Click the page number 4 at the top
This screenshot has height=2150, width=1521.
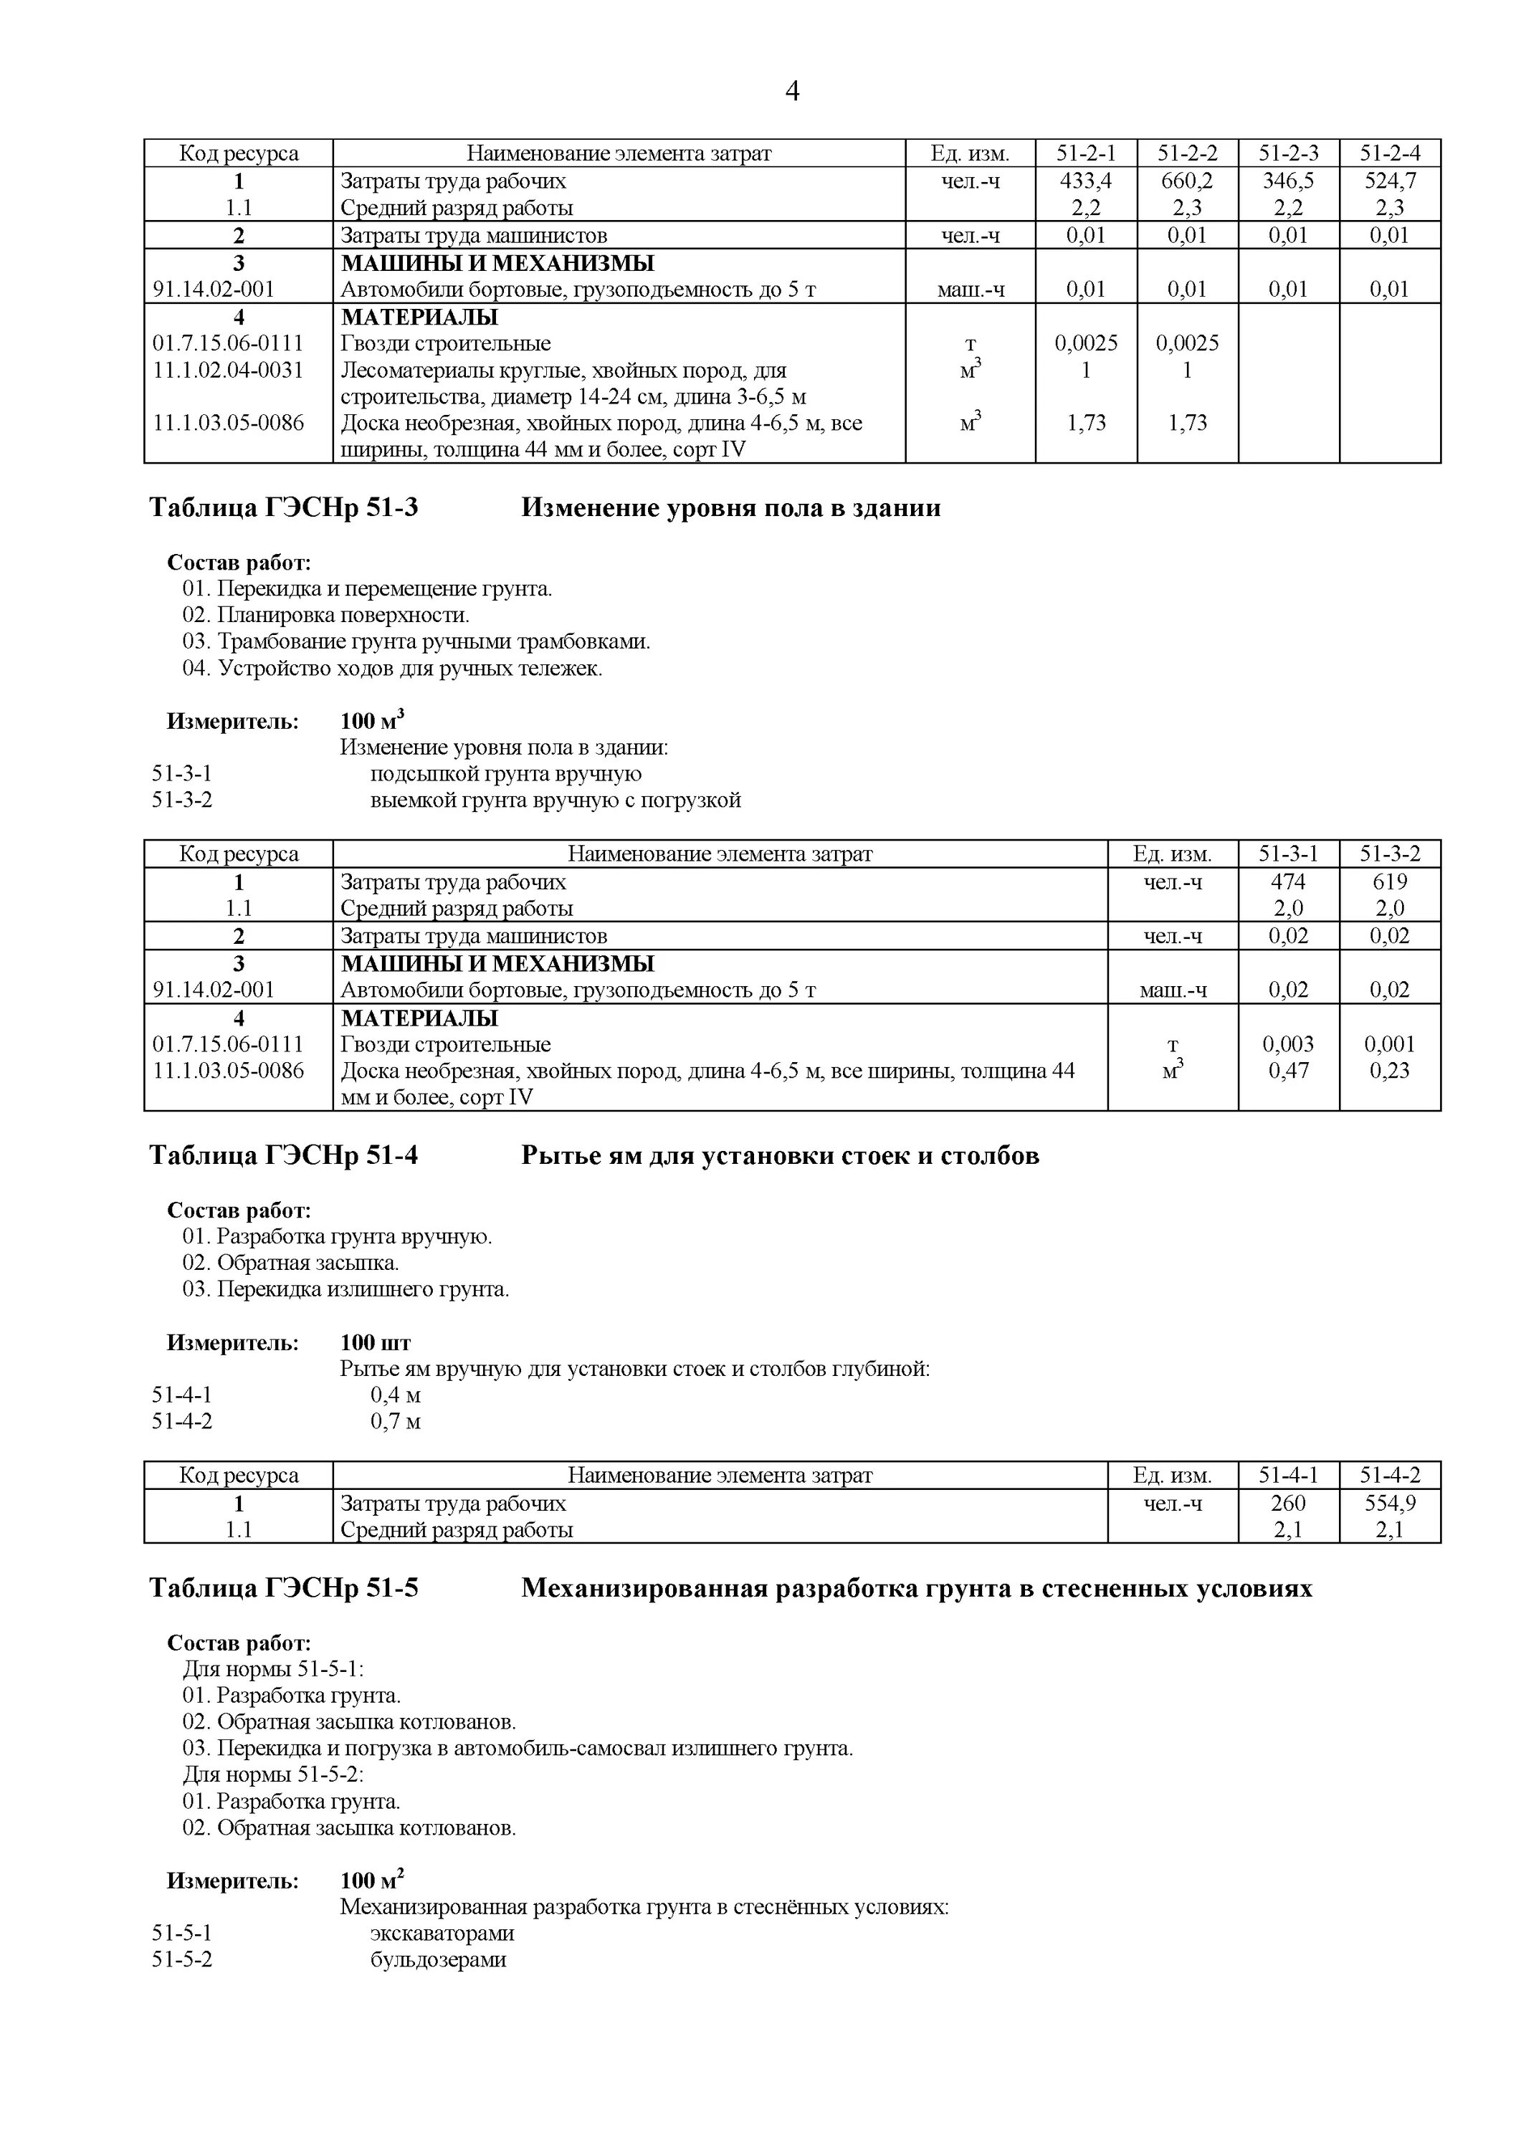click(792, 92)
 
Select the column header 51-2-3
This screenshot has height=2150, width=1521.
click(1289, 153)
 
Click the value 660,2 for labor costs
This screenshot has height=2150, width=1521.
click(1187, 181)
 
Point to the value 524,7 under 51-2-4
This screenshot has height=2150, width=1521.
click(1390, 181)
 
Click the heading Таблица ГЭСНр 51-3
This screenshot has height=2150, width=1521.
click(284, 507)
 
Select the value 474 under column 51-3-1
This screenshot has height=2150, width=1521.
click(1288, 881)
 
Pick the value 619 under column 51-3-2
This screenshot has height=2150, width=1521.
click(1390, 881)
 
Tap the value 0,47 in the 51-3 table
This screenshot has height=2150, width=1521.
click(1288, 1070)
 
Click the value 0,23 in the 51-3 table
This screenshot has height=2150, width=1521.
click(1390, 1070)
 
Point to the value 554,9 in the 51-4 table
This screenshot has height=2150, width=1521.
click(1390, 1503)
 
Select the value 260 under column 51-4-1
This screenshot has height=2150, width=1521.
click(1288, 1503)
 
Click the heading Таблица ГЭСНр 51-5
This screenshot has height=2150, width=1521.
click(284, 1588)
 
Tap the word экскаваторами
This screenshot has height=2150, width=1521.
click(442, 1934)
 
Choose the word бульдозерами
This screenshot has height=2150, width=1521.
click(439, 1960)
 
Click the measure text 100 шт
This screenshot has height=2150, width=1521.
click(376, 1343)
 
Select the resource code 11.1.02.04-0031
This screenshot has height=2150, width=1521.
click(229, 370)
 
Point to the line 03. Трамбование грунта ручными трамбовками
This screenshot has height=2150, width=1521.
click(416, 641)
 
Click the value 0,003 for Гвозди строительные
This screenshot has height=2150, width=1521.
click(1288, 1044)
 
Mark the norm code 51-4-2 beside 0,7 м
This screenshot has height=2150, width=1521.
click(183, 1421)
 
